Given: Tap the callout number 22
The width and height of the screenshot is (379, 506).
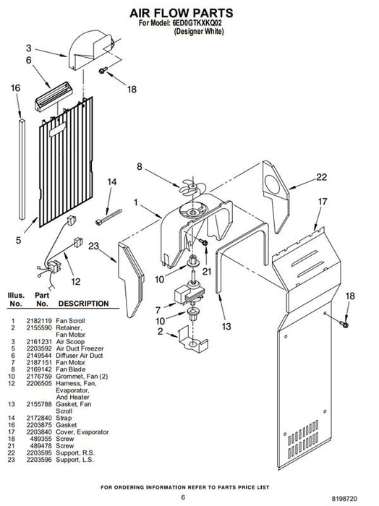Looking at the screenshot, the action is click(x=321, y=177).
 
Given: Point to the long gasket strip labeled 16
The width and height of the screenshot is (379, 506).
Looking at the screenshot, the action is click(x=22, y=169).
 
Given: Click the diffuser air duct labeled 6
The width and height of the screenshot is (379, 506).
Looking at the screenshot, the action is click(x=54, y=96).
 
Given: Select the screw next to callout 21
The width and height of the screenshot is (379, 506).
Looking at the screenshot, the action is click(x=203, y=241).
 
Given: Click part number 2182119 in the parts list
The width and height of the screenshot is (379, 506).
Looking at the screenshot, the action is click(x=39, y=321).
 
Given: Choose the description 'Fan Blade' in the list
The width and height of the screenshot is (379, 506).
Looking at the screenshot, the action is click(x=71, y=369).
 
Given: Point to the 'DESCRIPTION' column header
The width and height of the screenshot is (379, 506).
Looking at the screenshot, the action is click(x=83, y=304).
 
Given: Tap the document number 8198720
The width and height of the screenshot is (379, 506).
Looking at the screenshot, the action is click(x=344, y=499).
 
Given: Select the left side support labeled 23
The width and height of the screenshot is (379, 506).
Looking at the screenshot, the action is click(x=131, y=279).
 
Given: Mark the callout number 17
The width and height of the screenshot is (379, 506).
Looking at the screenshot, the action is click(x=322, y=202).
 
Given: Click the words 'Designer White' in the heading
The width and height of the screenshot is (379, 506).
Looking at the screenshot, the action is click(x=198, y=31).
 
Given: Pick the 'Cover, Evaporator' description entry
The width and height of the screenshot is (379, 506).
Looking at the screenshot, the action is click(x=82, y=432).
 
